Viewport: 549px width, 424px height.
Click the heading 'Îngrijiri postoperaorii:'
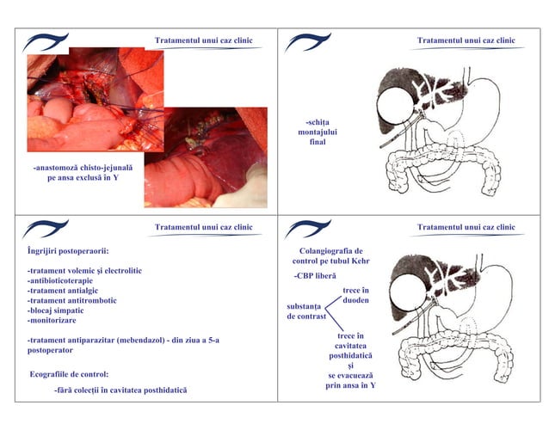pos(68,251)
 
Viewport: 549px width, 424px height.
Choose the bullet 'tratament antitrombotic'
pos(72,301)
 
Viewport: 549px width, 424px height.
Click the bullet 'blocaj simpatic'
pos(60,311)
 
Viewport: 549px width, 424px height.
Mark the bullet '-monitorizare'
pos(52,321)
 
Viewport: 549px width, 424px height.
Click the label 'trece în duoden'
pos(355,296)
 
